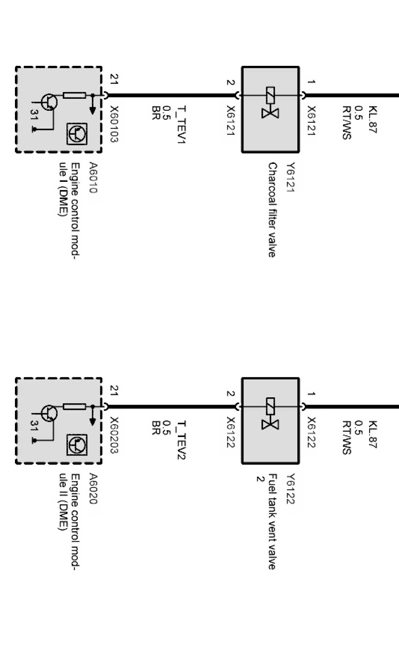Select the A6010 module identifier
[x=93, y=177]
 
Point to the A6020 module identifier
[x=93, y=488]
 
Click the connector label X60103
[x=114, y=124]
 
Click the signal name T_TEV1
[x=182, y=124]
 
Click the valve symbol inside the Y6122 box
[x=270, y=414]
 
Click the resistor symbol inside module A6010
[x=74, y=95]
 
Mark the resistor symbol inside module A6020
[x=74, y=406]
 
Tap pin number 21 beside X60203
[x=114, y=391]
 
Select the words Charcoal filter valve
[x=272, y=210]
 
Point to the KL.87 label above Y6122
[x=373, y=434]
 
